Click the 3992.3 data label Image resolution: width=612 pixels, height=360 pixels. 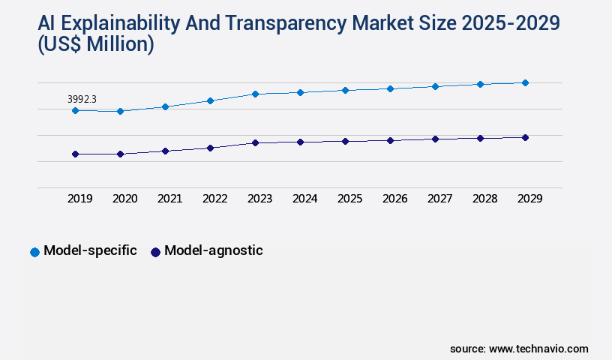click(82, 99)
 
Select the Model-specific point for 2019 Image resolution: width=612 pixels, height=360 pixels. click(75, 110)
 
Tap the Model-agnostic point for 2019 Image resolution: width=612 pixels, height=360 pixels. click(75, 154)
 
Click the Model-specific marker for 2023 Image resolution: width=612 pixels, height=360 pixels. click(255, 94)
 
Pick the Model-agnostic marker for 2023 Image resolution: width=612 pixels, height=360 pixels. click(255, 142)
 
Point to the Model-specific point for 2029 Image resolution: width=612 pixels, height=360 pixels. click(525, 82)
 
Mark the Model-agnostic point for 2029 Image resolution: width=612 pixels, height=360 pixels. click(525, 137)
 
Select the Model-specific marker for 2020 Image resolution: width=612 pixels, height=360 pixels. click(120, 111)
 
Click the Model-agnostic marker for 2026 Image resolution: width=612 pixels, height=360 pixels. click(390, 140)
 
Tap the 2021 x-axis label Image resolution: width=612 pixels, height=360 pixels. click(169, 199)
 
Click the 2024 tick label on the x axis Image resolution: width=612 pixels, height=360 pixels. click(304, 199)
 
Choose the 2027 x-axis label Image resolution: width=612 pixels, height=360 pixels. click(439, 199)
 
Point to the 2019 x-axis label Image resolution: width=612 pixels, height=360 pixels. click(79, 199)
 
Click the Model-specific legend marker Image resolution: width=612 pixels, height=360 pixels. click(34, 252)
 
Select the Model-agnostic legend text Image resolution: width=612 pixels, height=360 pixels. click(213, 251)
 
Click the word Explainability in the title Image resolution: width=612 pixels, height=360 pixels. click(125, 23)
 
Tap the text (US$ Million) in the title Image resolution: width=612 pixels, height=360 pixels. click(96, 45)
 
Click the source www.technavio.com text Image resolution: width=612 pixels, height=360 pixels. click(519, 349)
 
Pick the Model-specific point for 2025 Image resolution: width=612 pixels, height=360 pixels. click(345, 90)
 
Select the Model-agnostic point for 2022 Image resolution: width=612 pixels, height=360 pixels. click(210, 148)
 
